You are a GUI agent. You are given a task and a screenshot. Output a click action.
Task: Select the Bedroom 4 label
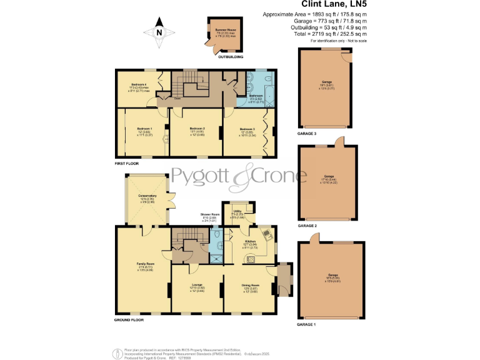coord(139,84)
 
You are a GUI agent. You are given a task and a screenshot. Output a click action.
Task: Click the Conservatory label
coord(147,196)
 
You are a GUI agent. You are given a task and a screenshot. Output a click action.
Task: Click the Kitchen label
coord(250,241)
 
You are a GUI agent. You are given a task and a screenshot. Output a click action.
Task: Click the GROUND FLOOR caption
coord(129,319)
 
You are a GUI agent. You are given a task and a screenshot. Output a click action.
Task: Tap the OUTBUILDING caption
coord(229,57)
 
